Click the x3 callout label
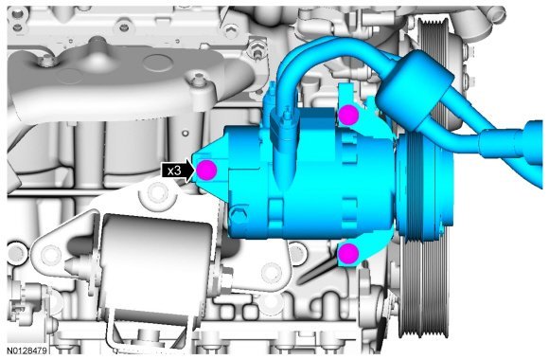(x=174, y=171)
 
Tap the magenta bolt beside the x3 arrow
(x=206, y=170)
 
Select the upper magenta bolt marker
(x=348, y=115)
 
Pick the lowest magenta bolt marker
(x=348, y=254)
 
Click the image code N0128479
(x=27, y=351)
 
